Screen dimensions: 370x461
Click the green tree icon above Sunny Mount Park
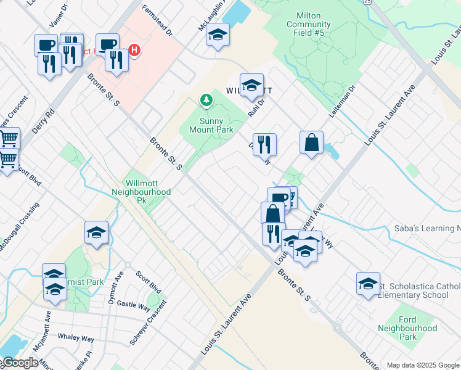[x=206, y=99]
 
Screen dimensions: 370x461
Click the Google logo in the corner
[x=20, y=363]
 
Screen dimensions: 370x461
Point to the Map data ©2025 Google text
[x=423, y=365]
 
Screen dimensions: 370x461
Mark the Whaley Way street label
[x=76, y=339]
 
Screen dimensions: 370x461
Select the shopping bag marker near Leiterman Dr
[x=312, y=142]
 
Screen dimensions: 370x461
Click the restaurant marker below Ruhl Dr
[x=264, y=144]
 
